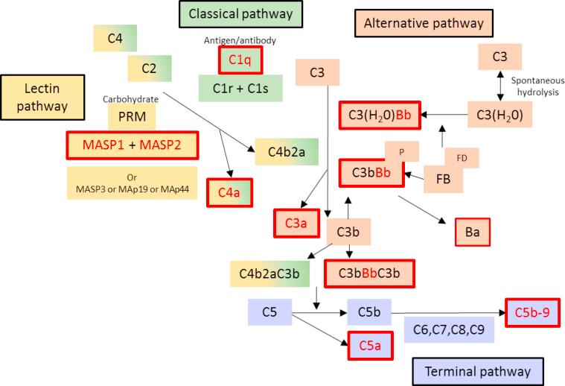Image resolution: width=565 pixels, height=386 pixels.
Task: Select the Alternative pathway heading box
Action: [423, 23]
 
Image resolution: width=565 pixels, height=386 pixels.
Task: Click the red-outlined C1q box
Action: [240, 60]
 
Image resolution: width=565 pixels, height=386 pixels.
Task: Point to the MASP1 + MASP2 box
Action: [133, 145]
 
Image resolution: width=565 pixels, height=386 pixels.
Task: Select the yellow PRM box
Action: [133, 117]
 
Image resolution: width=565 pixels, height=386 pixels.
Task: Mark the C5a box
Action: [370, 345]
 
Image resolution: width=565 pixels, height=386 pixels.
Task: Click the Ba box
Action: [473, 232]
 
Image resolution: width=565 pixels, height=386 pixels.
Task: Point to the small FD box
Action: [462, 158]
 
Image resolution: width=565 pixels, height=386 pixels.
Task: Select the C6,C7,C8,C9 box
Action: [449, 329]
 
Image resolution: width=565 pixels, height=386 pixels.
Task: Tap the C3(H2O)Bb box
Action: [380, 114]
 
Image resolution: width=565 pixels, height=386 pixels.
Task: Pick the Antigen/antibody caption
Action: [240, 40]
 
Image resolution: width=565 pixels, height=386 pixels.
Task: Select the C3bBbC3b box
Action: [368, 273]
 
